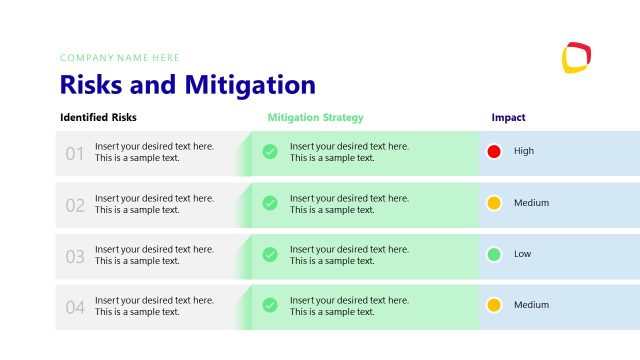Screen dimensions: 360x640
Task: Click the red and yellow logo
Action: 577,57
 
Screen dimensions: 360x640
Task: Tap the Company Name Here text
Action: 120,58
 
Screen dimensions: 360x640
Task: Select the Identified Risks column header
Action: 98,117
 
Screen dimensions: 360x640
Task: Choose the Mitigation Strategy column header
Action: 315,117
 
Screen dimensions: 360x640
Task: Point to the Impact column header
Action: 508,117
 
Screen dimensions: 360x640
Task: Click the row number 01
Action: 75,154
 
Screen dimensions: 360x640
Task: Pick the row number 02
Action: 75,205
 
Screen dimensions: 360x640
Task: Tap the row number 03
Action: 75,256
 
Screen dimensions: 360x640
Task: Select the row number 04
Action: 75,307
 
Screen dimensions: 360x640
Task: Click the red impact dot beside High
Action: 493,151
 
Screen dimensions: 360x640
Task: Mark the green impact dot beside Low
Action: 493,254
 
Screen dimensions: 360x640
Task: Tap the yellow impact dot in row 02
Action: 493,203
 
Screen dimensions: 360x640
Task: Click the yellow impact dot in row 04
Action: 493,305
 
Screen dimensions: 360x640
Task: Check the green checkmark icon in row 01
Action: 270,152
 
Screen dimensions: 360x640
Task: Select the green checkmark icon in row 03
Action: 270,254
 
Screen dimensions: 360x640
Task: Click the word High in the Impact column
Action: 524,151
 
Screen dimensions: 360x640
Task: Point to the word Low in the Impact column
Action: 522,254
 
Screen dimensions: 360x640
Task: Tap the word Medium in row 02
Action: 531,203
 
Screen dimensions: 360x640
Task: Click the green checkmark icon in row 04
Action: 270,305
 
